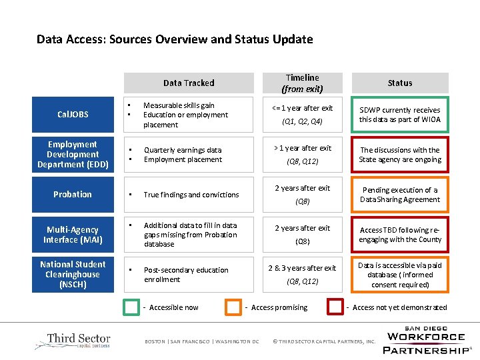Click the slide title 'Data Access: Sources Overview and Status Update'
175,39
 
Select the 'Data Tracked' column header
189,83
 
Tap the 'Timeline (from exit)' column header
302,83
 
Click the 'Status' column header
400,83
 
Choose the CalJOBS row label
72,115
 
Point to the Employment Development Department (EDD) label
72,154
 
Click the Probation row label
72,194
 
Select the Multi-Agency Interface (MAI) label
72,234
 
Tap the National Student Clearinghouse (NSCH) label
72,274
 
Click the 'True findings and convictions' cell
191,195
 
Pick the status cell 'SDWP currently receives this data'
400,115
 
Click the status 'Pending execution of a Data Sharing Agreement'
400,195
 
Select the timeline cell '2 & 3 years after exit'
302,268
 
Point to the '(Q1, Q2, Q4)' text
302,121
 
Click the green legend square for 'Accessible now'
132,307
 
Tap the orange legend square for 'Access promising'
233,307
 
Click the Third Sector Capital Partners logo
73,341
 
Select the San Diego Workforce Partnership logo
427,340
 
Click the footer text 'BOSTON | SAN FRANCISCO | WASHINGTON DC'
201,342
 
